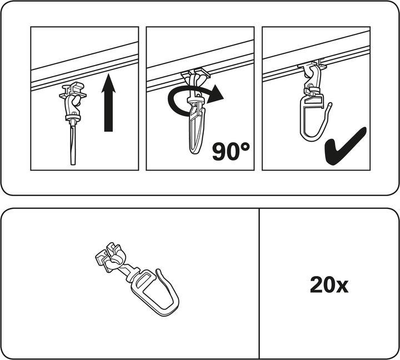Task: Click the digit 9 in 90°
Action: tap(221, 151)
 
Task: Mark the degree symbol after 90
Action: tap(245, 145)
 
